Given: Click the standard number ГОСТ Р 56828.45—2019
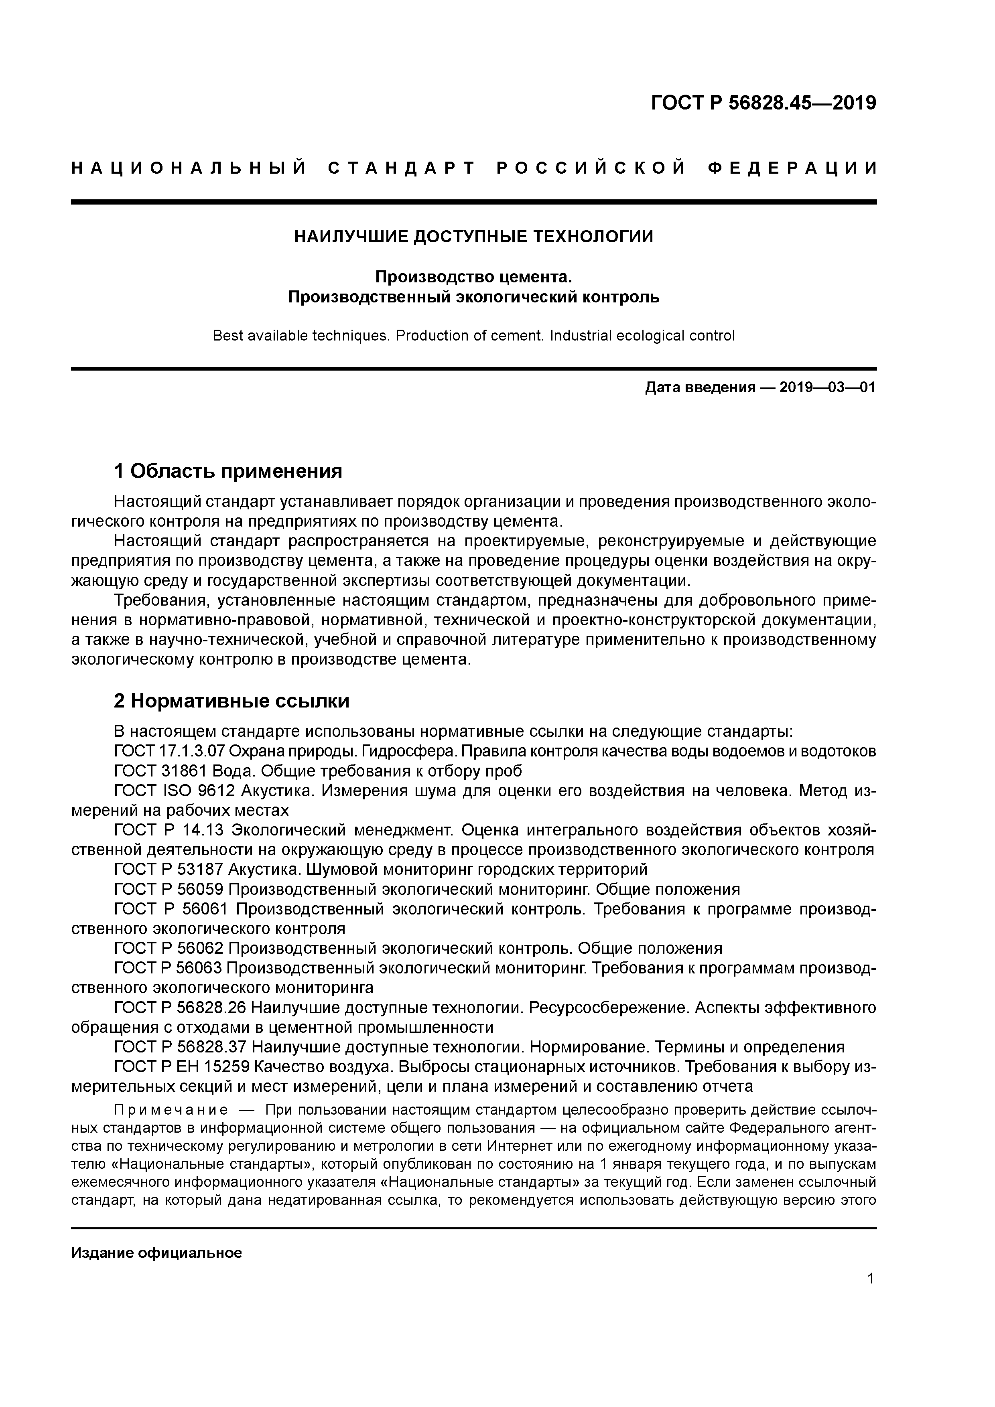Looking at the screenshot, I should tap(763, 103).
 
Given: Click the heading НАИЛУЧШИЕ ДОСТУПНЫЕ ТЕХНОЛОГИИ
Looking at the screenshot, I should tap(473, 237).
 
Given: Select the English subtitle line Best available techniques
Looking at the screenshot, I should tap(473, 336).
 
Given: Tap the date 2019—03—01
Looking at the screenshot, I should tap(828, 388).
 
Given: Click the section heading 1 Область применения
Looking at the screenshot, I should tap(227, 471).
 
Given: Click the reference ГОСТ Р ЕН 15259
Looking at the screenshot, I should tap(181, 1066).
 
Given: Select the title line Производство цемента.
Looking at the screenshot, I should tap(473, 277).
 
